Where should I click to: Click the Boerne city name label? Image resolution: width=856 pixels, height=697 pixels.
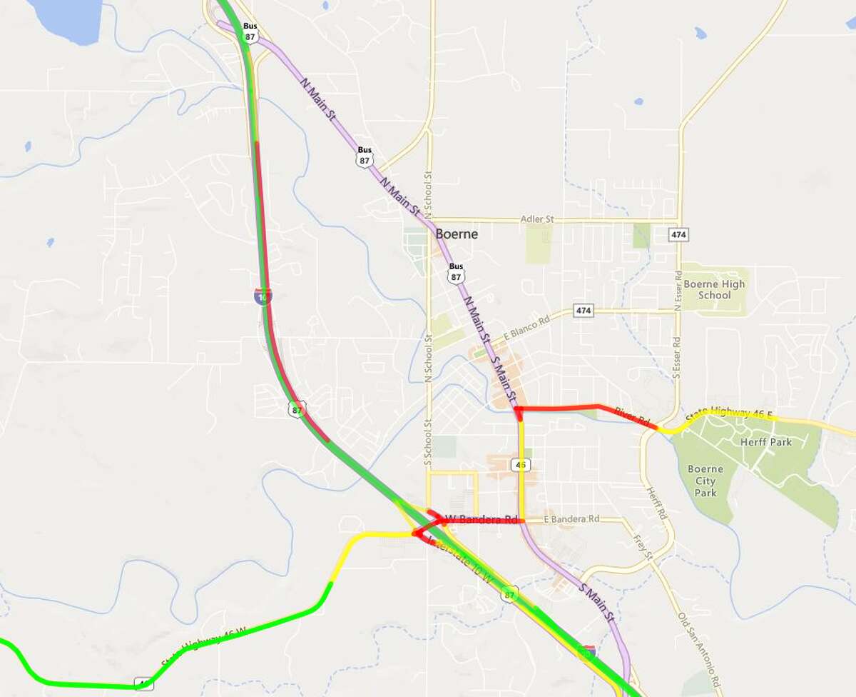457,234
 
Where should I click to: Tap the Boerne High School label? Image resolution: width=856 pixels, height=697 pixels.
714,289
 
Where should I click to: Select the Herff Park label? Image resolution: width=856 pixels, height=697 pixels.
771,442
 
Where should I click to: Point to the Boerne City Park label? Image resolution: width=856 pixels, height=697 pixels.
705,481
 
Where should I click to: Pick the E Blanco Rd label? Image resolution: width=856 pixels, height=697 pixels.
529,323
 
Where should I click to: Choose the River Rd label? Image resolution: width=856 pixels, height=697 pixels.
625,413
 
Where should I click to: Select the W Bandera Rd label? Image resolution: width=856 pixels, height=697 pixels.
481,518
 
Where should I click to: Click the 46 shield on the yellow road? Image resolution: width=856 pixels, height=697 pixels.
521,465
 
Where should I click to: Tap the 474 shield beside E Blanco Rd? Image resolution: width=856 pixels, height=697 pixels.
584,311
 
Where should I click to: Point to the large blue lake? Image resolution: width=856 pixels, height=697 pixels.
68,18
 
